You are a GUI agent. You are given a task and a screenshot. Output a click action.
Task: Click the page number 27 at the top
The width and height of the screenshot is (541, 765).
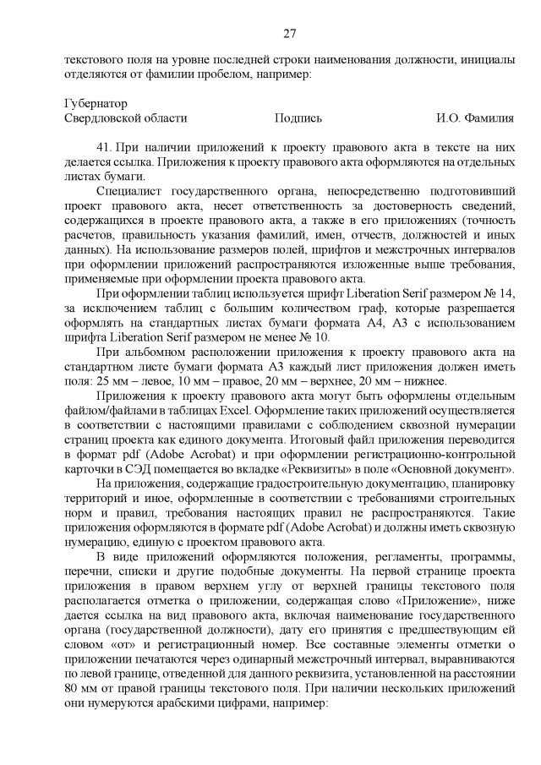(x=288, y=34)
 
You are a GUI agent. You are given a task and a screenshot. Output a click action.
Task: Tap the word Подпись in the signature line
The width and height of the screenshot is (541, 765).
(x=298, y=118)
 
